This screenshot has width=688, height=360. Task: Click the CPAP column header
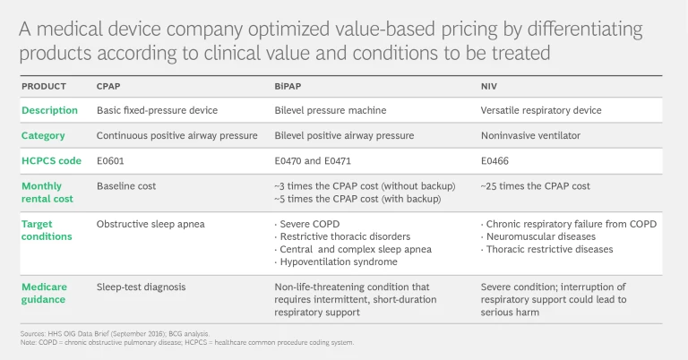(108, 87)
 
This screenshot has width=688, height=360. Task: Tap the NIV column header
(489, 87)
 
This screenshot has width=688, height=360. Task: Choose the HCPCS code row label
(52, 161)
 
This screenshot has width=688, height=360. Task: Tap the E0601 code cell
(111, 161)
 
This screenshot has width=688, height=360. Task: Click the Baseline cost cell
(126, 185)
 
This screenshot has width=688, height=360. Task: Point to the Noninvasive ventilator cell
(532, 135)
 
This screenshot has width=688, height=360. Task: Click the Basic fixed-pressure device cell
(157, 110)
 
